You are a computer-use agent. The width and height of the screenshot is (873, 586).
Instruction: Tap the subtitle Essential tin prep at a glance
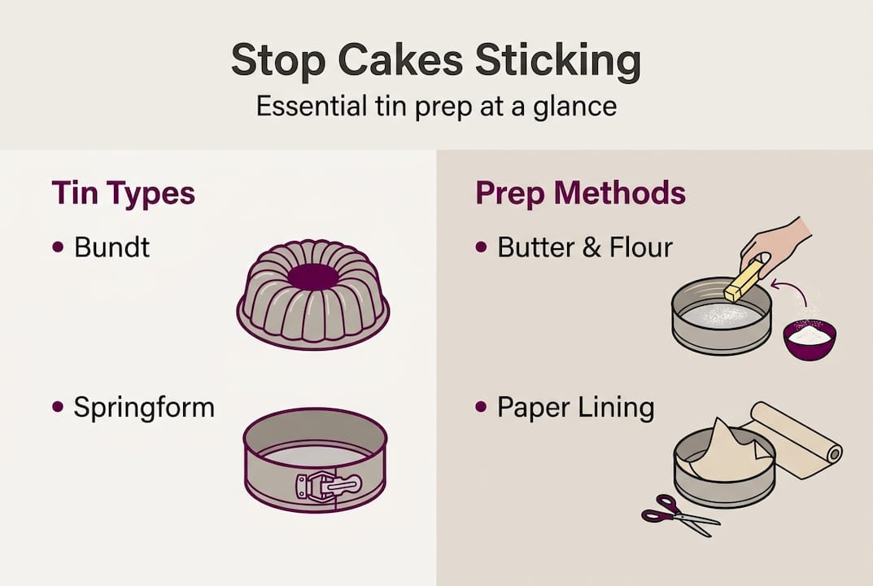coord(435,107)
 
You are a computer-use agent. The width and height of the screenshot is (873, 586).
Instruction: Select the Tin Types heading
coord(123,194)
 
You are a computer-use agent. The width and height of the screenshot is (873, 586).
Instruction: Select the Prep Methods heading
coord(580,194)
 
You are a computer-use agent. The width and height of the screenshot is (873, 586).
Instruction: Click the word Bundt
coord(111,247)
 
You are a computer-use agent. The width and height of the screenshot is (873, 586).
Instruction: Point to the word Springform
coord(144,407)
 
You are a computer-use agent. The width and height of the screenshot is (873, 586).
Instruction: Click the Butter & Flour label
coord(584,247)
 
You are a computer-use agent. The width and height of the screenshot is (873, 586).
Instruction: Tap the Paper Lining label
coord(575,407)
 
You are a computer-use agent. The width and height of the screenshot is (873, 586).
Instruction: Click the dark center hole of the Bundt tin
coord(312,277)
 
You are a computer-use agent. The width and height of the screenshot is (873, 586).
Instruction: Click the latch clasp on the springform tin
coord(328,487)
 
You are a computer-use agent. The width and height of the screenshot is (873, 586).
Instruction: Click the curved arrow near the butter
coord(785,289)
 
